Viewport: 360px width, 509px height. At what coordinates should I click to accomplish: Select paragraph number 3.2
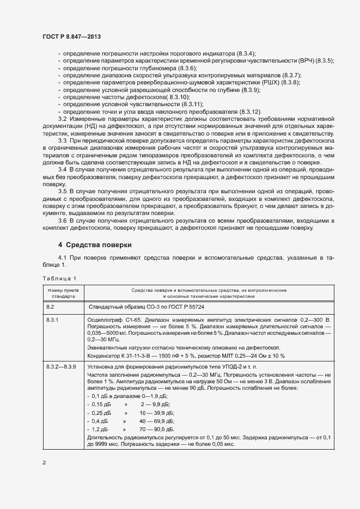coord(62,118)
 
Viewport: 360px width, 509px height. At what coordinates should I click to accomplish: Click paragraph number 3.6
coord(62,220)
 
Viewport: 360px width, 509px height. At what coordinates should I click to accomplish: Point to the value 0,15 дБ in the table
coord(101,405)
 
